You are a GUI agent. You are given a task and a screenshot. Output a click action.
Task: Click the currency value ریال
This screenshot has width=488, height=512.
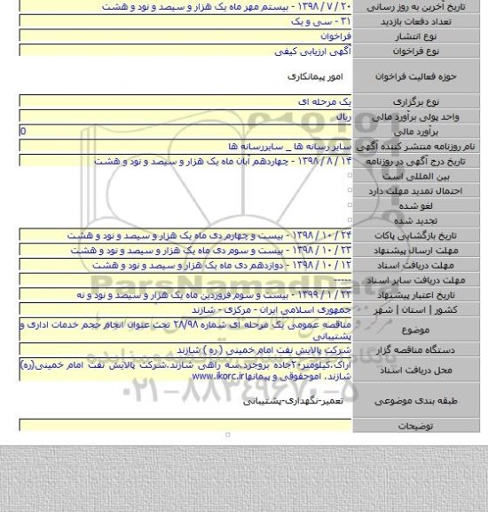(x=337, y=116)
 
